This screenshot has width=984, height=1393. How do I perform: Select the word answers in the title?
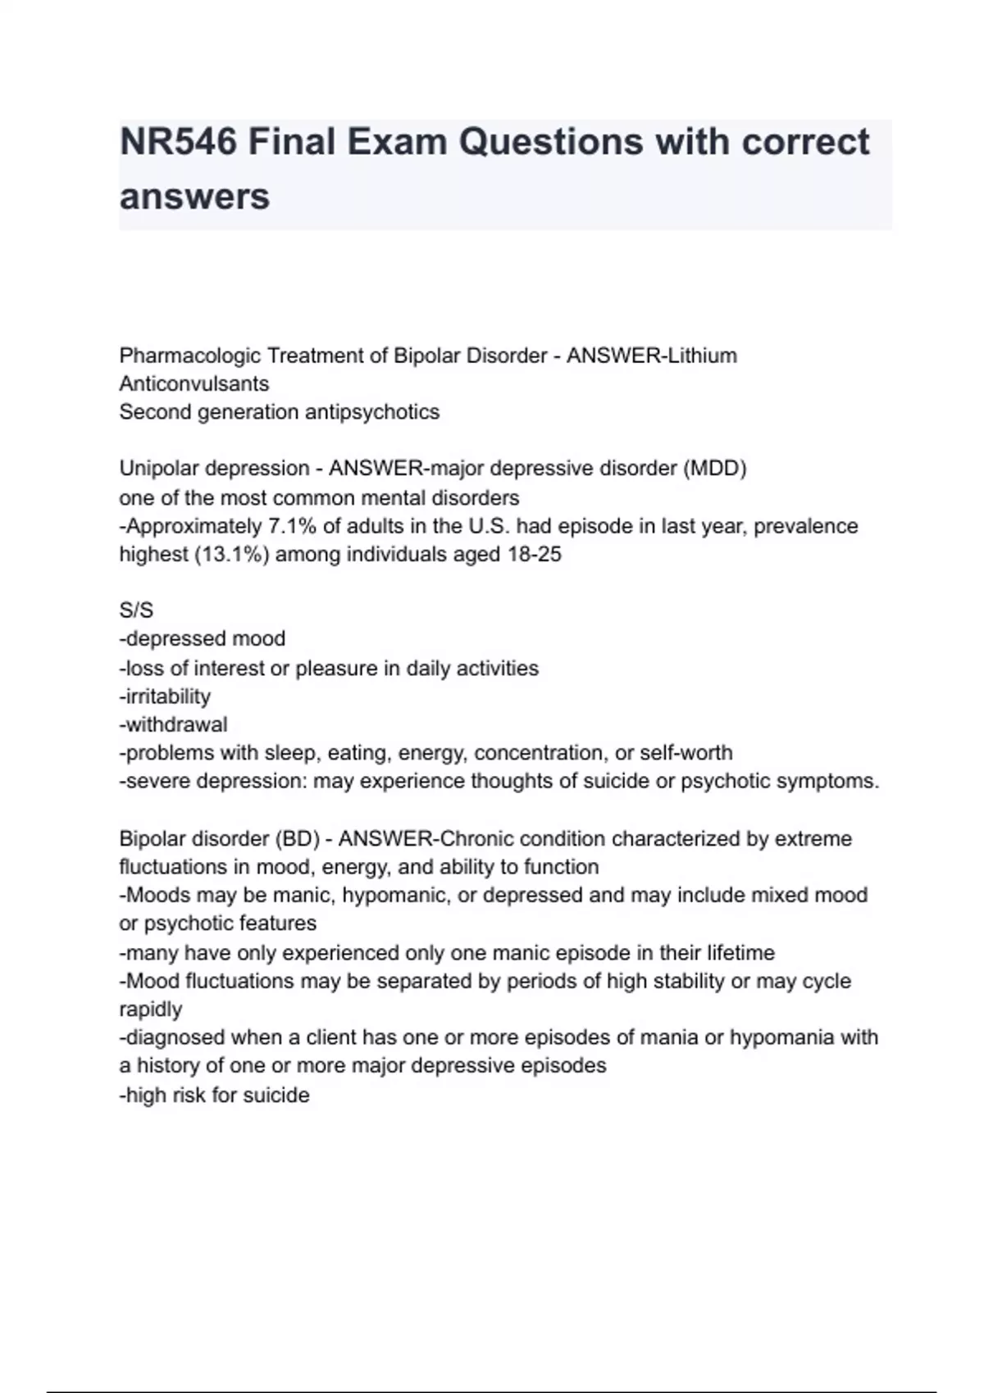[194, 197]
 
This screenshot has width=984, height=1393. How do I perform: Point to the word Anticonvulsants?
[194, 383]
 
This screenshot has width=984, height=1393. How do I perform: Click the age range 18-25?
[535, 555]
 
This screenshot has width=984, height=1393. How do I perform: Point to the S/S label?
[136, 611]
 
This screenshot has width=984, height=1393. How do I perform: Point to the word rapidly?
[151, 1009]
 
